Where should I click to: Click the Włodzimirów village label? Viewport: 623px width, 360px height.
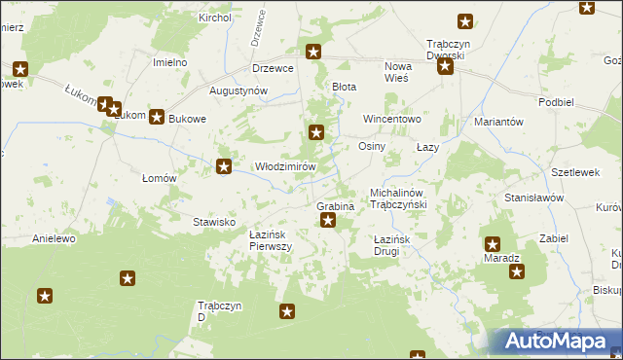(285, 166)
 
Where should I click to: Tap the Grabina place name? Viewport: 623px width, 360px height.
(334, 206)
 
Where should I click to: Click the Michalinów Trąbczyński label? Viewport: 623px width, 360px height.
(406, 199)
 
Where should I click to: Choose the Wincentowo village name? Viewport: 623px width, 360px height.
(391, 119)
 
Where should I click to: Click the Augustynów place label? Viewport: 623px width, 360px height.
(238, 90)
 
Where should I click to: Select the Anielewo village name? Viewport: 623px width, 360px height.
(54, 238)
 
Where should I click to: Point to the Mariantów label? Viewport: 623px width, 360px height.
(499, 122)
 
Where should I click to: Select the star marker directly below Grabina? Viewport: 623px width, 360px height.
(328, 222)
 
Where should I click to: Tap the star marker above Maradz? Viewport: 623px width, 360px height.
(493, 245)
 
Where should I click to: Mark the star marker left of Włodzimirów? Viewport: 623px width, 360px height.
(224, 167)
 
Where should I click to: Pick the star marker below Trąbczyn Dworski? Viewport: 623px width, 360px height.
(445, 67)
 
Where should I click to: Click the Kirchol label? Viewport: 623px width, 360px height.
(214, 18)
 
